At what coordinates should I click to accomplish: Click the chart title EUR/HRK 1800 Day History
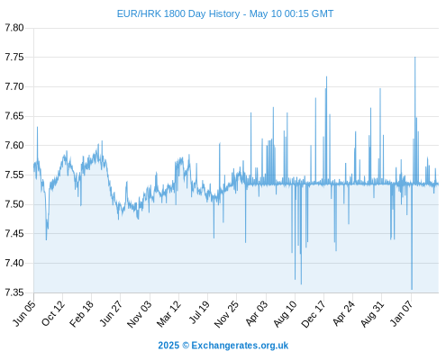178,13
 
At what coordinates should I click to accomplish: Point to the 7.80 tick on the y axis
14,28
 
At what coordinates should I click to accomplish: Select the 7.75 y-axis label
14,57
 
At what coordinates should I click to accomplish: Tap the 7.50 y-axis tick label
14,204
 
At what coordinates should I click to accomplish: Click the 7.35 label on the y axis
14,292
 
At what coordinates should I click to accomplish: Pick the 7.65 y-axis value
14,116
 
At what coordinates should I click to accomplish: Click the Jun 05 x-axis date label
24,313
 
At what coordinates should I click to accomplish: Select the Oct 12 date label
53,313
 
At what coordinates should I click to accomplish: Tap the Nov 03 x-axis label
140,313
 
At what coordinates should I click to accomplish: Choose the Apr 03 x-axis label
256,313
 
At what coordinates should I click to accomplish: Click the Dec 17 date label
314,313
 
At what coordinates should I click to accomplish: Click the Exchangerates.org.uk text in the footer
240,346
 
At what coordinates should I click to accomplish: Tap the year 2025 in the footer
168,346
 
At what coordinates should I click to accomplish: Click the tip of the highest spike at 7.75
415,57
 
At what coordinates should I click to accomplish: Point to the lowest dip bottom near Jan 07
412,289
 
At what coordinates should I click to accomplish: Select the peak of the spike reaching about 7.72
326,76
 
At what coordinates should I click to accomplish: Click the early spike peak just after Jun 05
37,127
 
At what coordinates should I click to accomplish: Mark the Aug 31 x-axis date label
372,313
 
